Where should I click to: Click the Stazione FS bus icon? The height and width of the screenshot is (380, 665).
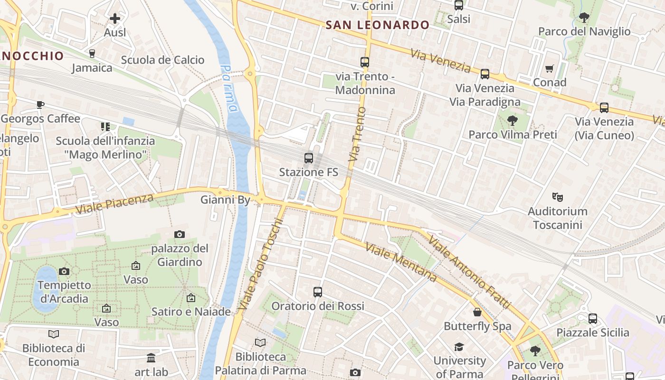pos(309,158)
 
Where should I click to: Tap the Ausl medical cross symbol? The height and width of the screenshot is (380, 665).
pos(115,19)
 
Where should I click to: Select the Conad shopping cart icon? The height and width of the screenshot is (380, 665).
pos(550,69)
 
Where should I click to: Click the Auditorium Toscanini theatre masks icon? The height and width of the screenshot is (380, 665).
pos(557,197)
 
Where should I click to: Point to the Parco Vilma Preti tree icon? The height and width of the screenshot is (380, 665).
pos(512,120)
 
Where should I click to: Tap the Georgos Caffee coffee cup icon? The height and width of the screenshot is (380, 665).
pos(40,104)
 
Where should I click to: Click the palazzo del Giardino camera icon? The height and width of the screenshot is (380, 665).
pos(180,234)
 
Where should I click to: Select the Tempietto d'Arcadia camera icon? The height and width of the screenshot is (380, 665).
pos(64,271)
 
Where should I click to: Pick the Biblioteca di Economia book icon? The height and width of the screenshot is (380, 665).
pos(54,334)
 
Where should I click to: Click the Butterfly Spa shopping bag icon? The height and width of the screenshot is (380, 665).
pos(477,312)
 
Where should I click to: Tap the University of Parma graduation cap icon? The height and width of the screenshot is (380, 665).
pos(459,347)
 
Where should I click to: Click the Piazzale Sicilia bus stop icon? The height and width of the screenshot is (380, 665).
pos(593,318)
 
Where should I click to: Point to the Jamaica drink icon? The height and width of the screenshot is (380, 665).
pos(92,54)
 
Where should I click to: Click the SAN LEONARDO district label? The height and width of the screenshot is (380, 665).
pos(378,25)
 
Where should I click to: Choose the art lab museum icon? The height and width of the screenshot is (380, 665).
pos(151,358)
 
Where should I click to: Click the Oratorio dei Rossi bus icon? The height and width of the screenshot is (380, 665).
pos(318,292)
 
